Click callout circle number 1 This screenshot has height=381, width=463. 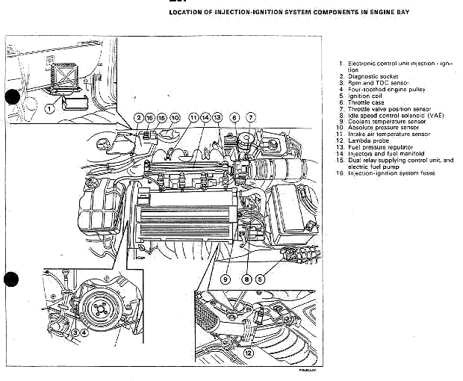pyautogui.click(x=50, y=108)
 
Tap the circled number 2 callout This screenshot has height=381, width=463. pyautogui.click(x=138, y=118)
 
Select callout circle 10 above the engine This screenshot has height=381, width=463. pyautogui.click(x=175, y=118)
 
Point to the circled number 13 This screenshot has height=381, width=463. pyautogui.click(x=217, y=118)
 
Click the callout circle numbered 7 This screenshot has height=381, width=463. pyautogui.click(x=251, y=118)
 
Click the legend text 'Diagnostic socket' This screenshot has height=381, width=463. pyautogui.click(x=373, y=76)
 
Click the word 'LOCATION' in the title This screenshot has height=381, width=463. pyautogui.click(x=190, y=13)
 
